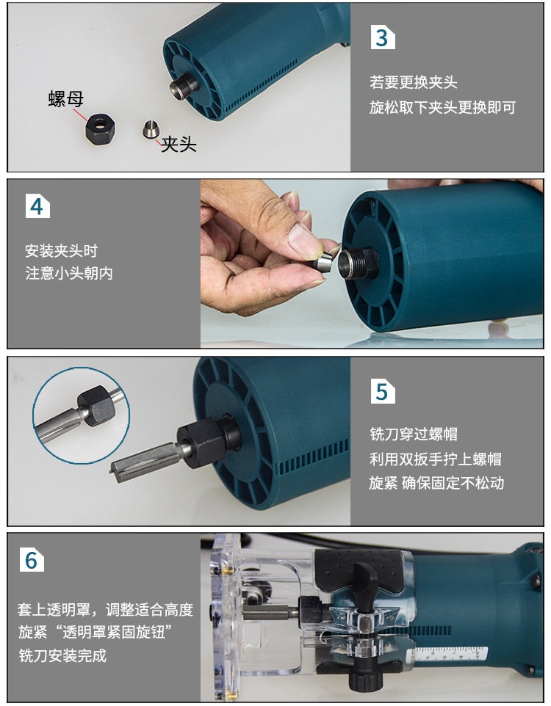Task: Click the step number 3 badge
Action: pos(383,37)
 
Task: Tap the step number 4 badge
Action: pos(37,206)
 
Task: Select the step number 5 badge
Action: pos(383,391)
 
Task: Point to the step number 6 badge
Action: pos(32,559)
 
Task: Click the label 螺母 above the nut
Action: pos(66,100)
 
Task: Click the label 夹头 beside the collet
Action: pos(179,144)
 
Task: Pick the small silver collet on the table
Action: pos(151,131)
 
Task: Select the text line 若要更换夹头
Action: pos(414,82)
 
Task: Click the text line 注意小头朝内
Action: pos(69,273)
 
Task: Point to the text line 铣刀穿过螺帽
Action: pos(414,434)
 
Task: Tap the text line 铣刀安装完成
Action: pos(62,655)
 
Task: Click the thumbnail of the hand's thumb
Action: pos(300,238)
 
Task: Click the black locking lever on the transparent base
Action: pos(365,580)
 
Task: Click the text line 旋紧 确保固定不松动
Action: pos(436,484)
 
